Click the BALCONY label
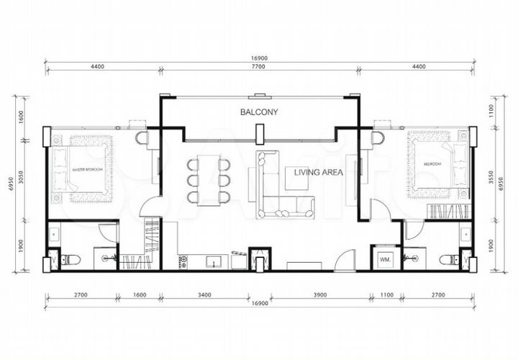tap(259, 112)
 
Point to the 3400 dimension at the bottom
tap(204, 294)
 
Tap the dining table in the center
tap(207, 178)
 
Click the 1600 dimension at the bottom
tap(139, 294)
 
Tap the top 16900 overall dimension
tap(259, 55)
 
